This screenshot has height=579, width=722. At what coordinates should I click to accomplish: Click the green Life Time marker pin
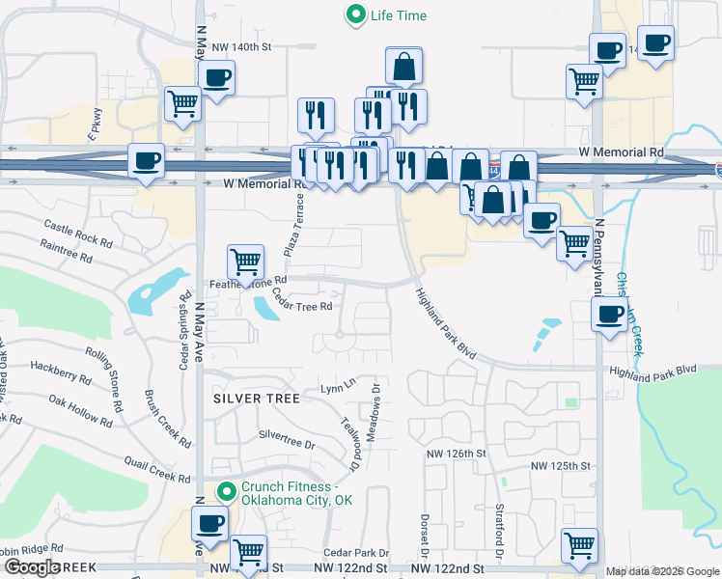[356, 15]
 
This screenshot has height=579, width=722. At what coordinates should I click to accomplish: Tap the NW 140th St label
[244, 46]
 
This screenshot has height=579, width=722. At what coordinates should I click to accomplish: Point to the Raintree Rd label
[67, 252]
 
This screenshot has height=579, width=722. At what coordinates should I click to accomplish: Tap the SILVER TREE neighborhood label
[251, 397]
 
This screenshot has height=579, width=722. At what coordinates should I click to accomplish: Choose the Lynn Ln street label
[338, 388]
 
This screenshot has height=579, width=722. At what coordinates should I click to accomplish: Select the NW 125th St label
[560, 466]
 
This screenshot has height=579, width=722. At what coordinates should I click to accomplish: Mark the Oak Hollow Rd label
[80, 409]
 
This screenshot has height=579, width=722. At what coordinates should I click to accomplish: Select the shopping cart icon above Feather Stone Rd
[246, 260]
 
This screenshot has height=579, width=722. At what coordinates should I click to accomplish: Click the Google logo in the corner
[32, 567]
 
